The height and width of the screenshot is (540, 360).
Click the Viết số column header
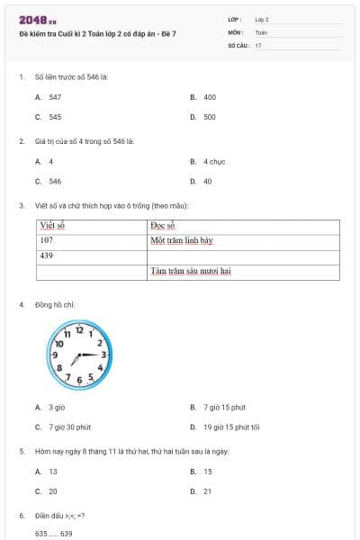pos(54,226)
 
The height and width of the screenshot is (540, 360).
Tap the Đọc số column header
pos(163,226)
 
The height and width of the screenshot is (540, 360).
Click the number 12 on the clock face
pos(79,331)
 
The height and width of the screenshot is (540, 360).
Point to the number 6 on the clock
pos(79,382)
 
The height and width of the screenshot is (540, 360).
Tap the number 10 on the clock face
pos(58,343)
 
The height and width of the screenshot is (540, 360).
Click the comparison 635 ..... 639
pos(54,534)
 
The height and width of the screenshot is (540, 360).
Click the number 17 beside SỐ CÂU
pos(258,45)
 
